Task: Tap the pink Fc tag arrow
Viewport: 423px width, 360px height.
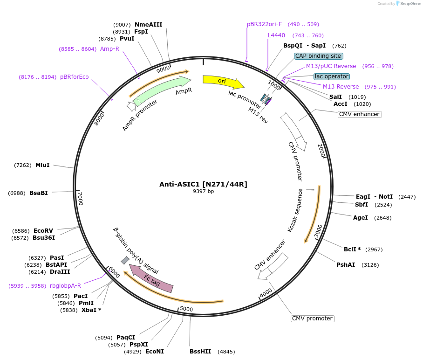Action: click(151, 279)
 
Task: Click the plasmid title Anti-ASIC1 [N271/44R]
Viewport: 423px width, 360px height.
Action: click(203, 184)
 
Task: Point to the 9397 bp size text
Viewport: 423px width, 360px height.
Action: click(203, 191)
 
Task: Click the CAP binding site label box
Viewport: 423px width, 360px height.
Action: click(319, 56)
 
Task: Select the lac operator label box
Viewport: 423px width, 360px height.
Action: click(331, 76)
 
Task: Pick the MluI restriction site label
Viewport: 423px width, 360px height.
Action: click(42, 165)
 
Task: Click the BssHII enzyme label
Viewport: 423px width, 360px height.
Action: click(200, 352)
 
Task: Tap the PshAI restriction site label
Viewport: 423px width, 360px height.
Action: click(346, 264)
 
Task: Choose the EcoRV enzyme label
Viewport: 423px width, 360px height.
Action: click(43, 230)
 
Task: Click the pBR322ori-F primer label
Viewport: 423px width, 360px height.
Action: click(264, 24)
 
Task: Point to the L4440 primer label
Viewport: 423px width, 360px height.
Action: click(276, 35)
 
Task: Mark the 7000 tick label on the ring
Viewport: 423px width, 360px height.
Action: click(80, 198)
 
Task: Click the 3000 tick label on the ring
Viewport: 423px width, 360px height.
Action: click(319, 230)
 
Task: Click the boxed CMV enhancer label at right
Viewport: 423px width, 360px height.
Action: click(359, 114)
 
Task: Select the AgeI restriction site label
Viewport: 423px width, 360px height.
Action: click(360, 217)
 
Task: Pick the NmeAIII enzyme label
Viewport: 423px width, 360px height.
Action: click(148, 24)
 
